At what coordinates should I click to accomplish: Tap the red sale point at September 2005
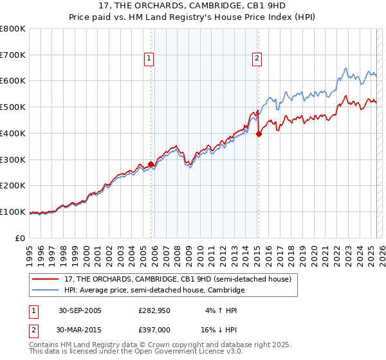(151, 164)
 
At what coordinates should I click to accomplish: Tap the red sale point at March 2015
(259, 134)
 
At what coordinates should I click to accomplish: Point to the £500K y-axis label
(13, 107)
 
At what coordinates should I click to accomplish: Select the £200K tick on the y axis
(13, 186)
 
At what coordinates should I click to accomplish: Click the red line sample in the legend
(46, 279)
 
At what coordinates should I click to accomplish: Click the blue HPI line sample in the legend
(46, 291)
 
